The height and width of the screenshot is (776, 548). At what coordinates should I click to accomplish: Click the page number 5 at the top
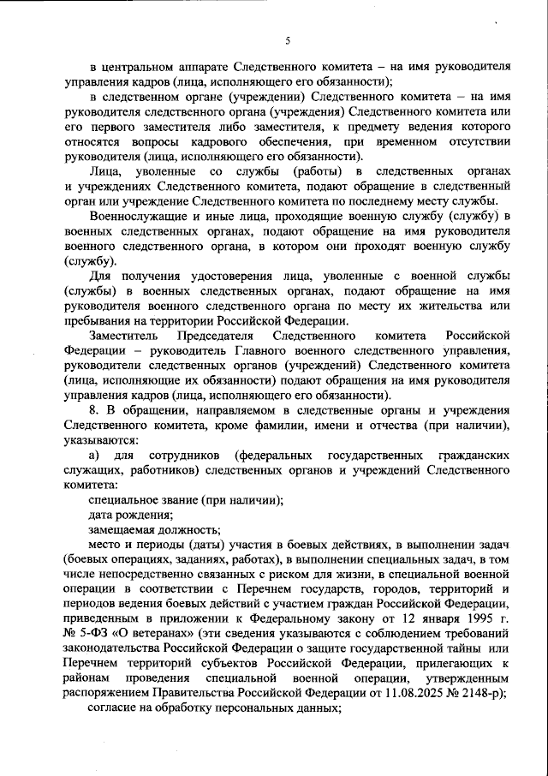pyautogui.click(x=288, y=40)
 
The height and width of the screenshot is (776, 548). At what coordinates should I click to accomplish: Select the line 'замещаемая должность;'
pyautogui.click(x=154, y=530)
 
